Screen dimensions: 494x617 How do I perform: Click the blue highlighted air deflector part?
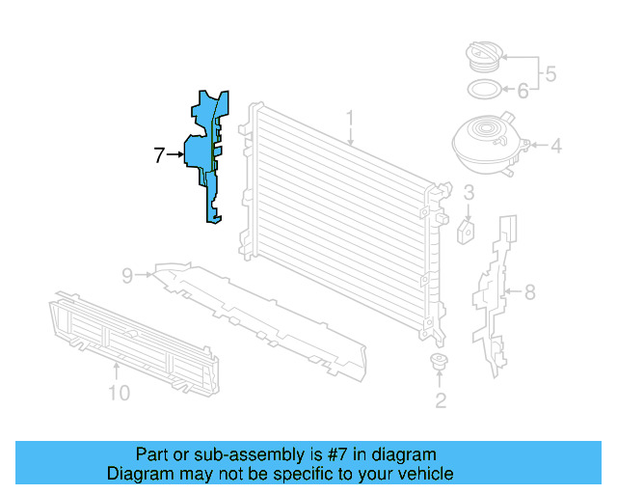coord(204,154)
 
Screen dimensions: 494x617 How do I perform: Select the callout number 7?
coord(161,154)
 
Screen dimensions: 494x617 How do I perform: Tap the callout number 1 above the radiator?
coord(351,119)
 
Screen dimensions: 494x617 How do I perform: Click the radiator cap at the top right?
coord(480,55)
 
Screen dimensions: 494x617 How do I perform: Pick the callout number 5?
coord(550,72)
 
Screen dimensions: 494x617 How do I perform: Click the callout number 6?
coord(523,92)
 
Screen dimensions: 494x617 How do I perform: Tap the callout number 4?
coord(556,148)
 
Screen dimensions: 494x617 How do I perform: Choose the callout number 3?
coord(467,195)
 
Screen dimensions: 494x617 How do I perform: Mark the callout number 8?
coord(528,290)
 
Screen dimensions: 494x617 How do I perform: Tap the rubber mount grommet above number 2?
coord(440,363)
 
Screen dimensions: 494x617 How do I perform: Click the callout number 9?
coord(127,276)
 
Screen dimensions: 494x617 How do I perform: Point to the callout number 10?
coord(118,393)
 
